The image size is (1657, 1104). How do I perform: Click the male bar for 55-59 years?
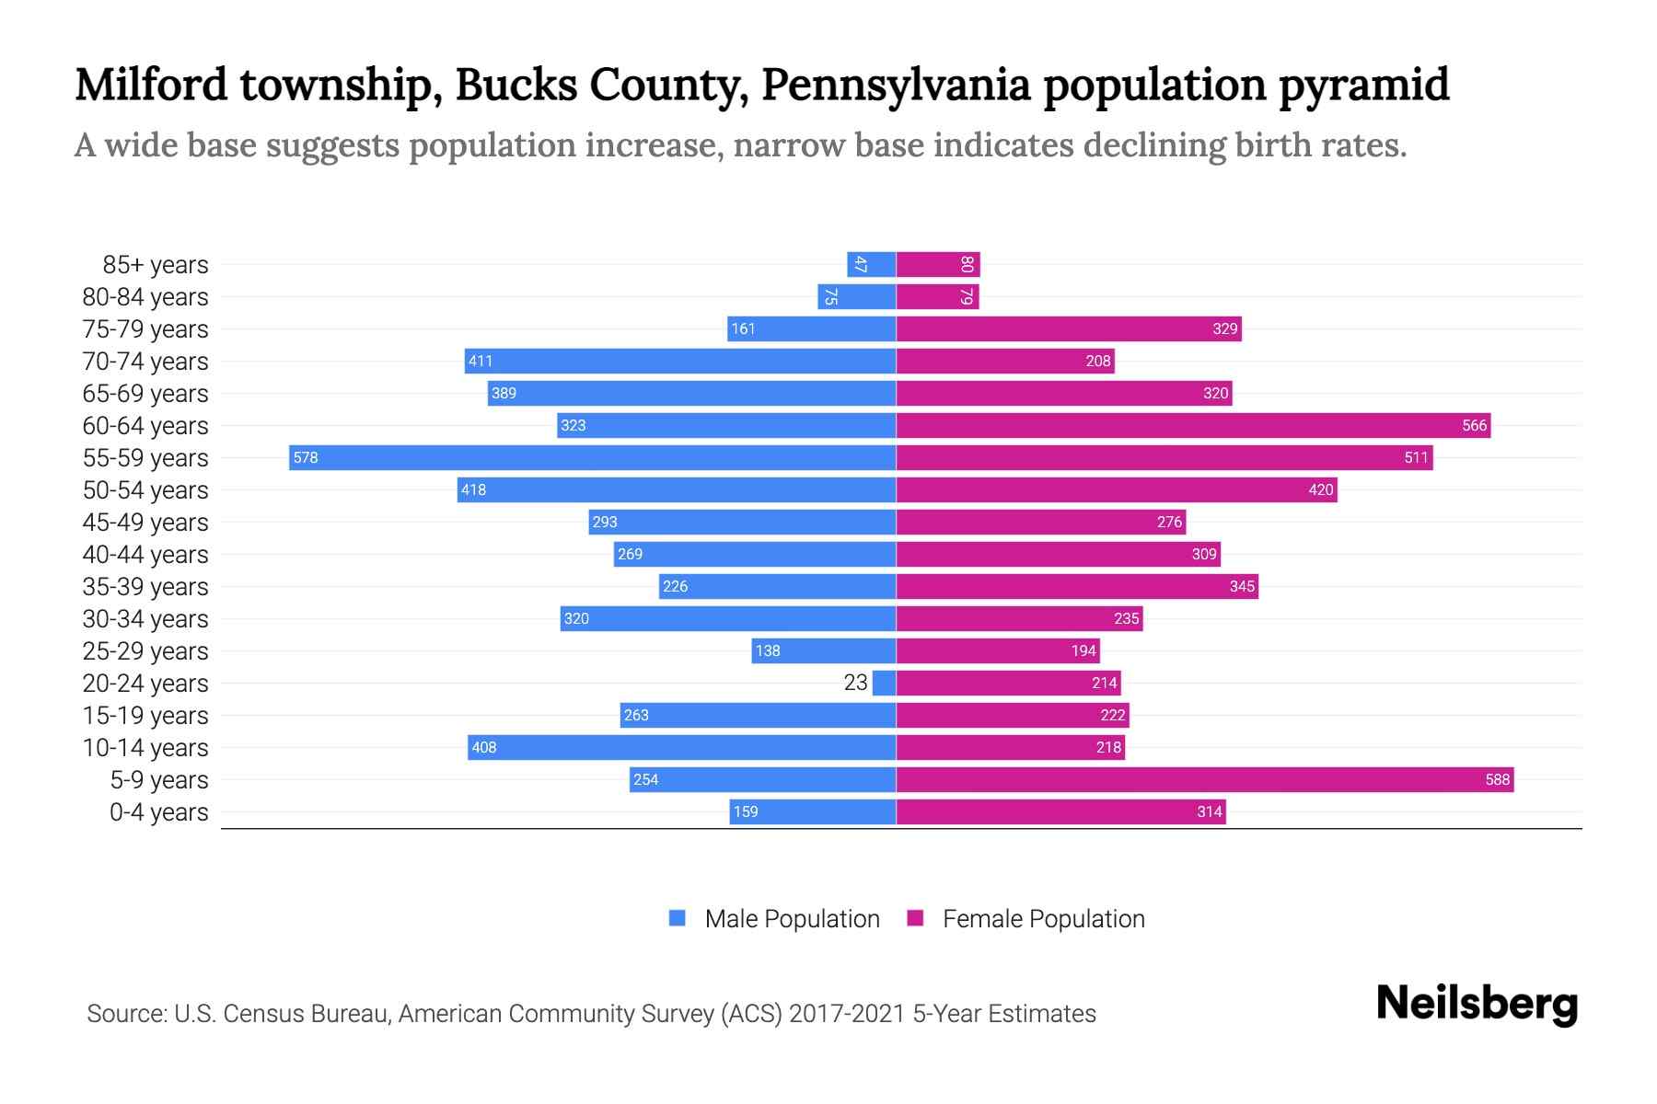[593, 457]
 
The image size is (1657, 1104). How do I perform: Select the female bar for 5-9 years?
[1204, 779]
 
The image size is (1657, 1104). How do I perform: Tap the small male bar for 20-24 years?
[885, 683]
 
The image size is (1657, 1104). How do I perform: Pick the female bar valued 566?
[1193, 425]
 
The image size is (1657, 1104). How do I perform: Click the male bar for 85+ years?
[872, 264]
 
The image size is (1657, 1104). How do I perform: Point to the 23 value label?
[855, 683]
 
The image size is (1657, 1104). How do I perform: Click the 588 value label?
[1497, 779]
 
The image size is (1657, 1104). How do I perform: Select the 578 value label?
[306, 457]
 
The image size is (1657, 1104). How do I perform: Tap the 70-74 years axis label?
[145, 362]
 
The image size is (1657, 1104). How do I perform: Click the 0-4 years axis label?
[158, 812]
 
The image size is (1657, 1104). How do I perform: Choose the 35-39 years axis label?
[145, 587]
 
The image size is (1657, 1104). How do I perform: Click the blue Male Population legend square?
[678, 918]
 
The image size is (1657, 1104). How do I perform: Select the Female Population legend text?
[1043, 918]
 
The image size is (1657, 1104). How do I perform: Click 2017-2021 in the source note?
[846, 1014]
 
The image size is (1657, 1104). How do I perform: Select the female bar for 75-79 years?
[1069, 328]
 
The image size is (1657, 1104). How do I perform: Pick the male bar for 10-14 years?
[681, 747]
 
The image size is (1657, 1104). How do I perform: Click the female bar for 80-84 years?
[937, 296]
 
